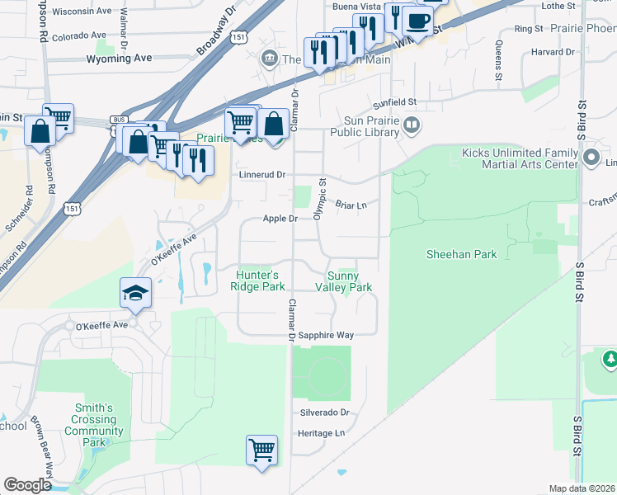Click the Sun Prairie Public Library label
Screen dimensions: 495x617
point(364,125)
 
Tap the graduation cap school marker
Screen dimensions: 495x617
point(134,294)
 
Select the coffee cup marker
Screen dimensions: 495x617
point(417,21)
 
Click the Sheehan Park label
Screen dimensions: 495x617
point(461,254)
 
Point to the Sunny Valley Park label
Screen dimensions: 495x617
point(344,281)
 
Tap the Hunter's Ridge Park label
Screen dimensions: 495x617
point(260,280)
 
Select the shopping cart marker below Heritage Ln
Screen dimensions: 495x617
point(261,450)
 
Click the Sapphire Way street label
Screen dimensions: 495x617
point(326,336)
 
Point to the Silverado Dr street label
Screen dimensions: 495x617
point(324,412)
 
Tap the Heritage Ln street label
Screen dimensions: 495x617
point(321,433)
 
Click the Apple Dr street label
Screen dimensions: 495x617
point(280,219)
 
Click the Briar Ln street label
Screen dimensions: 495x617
point(351,205)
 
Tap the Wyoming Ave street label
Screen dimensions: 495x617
point(120,59)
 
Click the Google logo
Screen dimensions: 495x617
point(27,485)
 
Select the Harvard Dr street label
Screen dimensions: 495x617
point(553,51)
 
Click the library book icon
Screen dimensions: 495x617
point(412,125)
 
